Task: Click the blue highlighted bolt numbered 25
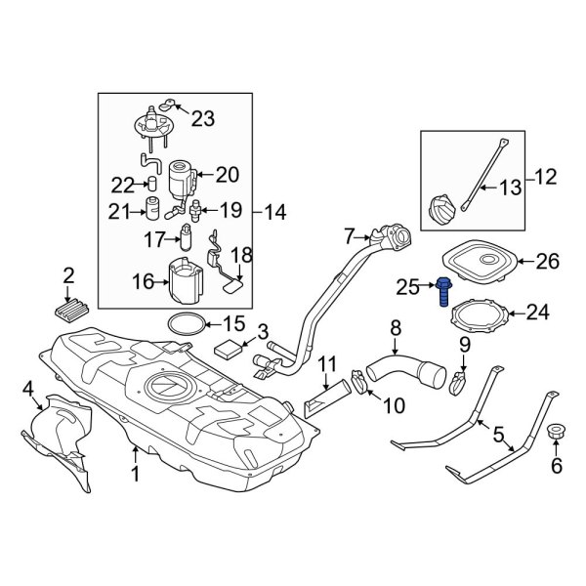pos(445,291)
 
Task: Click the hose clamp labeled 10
pos(358,385)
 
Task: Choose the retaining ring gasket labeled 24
pos(479,314)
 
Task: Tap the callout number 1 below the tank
pos(135,475)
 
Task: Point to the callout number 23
pos(201,119)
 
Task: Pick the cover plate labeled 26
pos(479,262)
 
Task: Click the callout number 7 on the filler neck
pos(349,235)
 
